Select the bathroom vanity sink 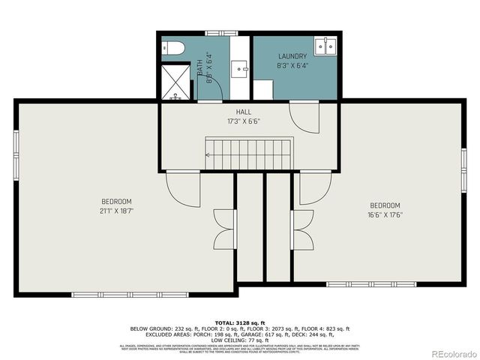[239, 70]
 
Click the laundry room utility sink [326, 46]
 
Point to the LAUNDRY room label [292, 56]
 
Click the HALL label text [244, 112]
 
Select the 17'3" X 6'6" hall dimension [244, 121]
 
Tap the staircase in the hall [249, 154]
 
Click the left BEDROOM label [117, 201]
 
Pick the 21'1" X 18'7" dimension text [117, 211]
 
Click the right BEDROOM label [385, 205]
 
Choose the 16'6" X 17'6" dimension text [385, 215]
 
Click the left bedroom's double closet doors [223, 229]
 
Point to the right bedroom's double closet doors [302, 229]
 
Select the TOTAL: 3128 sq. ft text [240, 321]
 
